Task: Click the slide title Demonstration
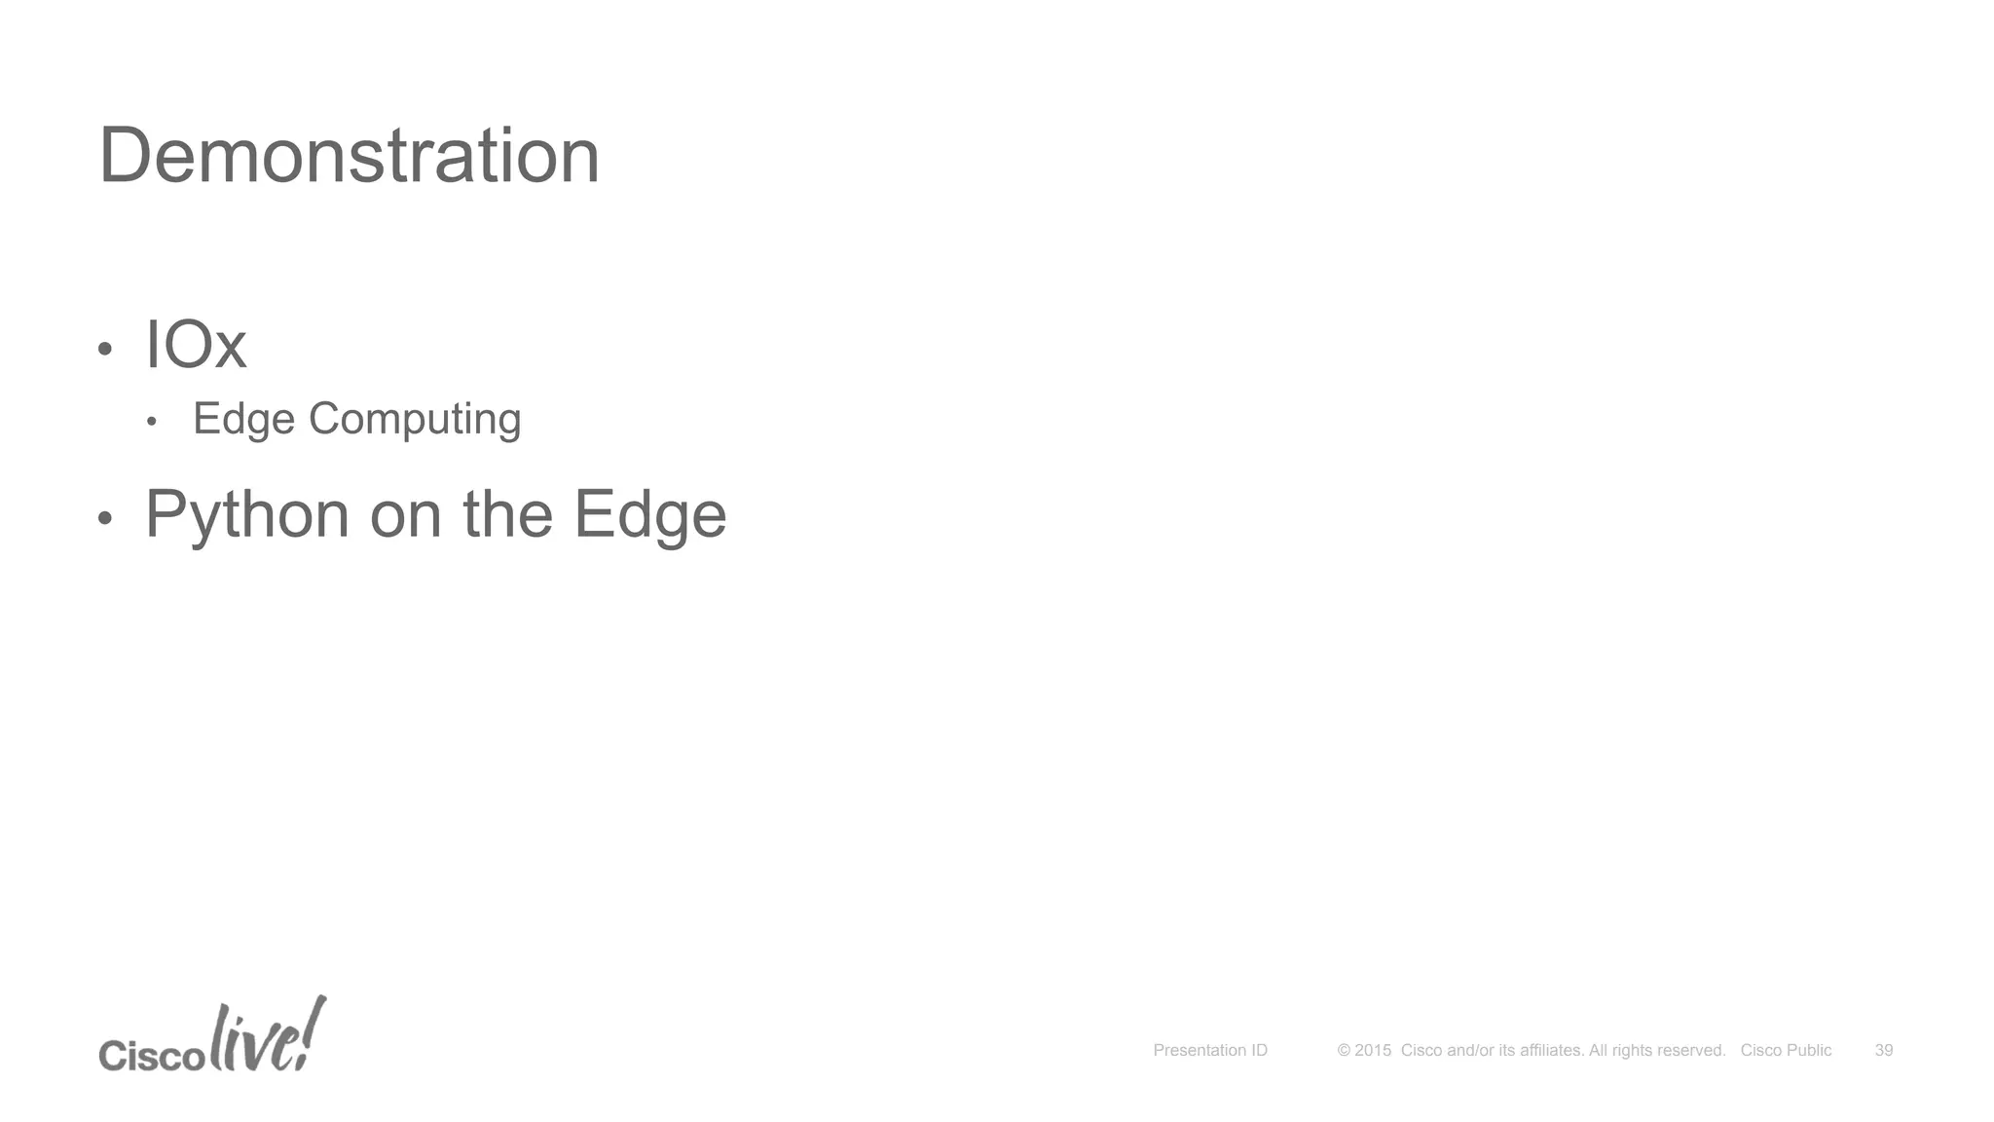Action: coord(349,156)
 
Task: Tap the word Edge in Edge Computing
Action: coord(243,420)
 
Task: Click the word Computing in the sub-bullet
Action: coord(415,420)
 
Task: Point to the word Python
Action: coord(247,514)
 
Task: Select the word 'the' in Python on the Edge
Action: coord(507,514)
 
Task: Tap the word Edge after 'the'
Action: coord(649,514)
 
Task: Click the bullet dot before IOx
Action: coord(106,349)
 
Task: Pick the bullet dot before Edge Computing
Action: coord(151,422)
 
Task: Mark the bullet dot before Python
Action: coord(106,518)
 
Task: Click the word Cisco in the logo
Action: coord(152,1055)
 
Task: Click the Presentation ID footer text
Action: coord(1210,1050)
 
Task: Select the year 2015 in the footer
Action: coord(1373,1050)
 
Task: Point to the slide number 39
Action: coord(1884,1050)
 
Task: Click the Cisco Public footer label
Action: coord(1786,1050)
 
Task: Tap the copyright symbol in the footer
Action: coord(1344,1050)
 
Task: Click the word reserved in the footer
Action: coord(1690,1050)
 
